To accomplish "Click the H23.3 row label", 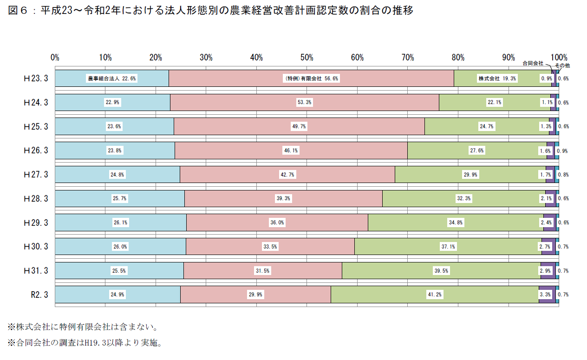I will point(36,79).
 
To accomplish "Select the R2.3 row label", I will point(39,295).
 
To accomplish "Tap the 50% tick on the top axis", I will point(307,58).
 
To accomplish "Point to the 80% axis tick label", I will point(458,58).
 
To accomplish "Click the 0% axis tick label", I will point(55,58).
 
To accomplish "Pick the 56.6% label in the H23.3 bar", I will point(311,79).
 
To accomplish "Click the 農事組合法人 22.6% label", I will point(112,79).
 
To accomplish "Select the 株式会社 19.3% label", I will point(497,79).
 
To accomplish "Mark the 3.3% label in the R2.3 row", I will point(546,295).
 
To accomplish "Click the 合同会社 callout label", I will point(533,62).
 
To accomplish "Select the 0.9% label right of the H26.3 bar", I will point(563,151).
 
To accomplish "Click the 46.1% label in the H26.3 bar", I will point(291,151).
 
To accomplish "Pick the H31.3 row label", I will point(36,270).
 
